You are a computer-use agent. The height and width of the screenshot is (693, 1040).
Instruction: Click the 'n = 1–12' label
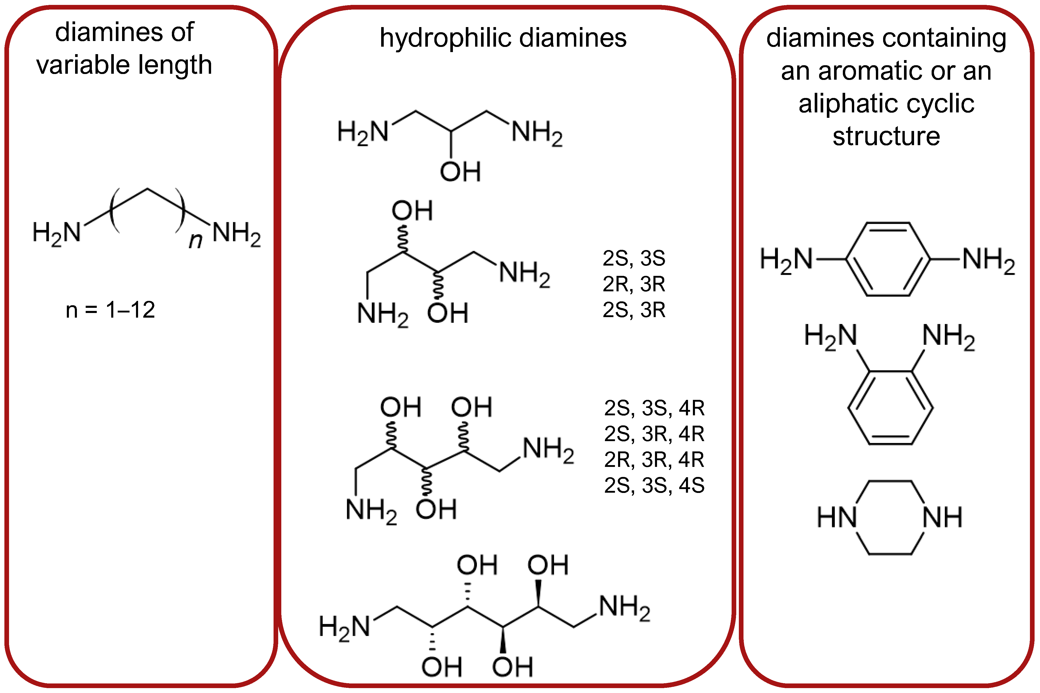110,310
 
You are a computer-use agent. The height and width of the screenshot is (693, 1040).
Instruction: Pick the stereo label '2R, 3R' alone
634,284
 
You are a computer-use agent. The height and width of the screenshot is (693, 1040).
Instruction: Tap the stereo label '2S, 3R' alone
634,310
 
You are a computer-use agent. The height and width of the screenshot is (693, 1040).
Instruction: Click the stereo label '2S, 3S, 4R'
654,408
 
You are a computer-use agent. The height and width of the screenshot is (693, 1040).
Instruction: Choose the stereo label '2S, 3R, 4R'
654,434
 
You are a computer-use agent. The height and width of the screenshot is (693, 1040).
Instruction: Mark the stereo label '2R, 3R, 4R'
654,460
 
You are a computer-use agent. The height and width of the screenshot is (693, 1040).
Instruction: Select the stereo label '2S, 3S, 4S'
654,485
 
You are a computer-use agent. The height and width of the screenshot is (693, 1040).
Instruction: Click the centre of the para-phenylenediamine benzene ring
888,259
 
